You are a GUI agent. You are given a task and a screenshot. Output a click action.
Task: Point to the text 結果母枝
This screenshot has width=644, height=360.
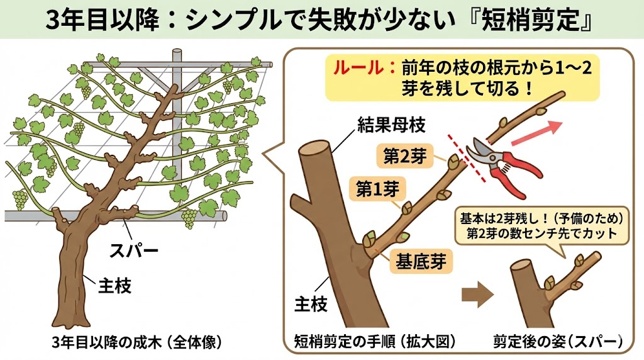coord(383,125)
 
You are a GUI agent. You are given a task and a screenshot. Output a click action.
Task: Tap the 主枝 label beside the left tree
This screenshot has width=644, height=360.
coord(114,286)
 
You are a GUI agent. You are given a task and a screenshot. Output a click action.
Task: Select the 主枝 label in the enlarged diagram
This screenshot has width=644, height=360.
coord(311,305)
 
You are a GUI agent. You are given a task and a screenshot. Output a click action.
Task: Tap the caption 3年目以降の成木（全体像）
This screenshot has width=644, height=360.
coord(136,344)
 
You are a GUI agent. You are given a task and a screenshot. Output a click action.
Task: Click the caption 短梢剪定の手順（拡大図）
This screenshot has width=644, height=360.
coord(375,344)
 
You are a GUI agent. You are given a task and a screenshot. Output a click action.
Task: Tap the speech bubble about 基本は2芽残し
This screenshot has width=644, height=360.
coord(542,227)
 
